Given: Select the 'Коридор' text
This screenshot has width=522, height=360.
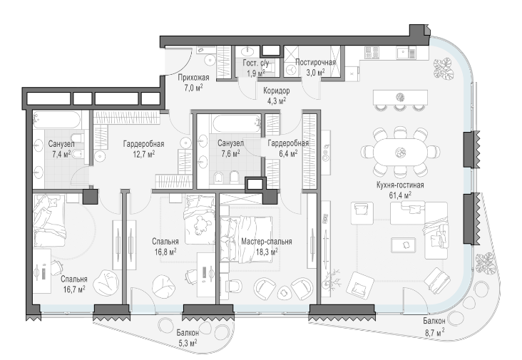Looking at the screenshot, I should tap(275, 92).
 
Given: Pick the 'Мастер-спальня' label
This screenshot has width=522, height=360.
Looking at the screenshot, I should tap(266, 242).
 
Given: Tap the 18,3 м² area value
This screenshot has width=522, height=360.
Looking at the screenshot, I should tap(266, 251).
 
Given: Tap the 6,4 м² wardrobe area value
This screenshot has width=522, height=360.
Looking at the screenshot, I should tap(288, 153).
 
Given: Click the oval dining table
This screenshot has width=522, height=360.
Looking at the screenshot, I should tap(399, 151).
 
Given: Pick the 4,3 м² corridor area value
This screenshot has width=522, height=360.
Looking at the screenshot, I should tap(275, 101).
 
